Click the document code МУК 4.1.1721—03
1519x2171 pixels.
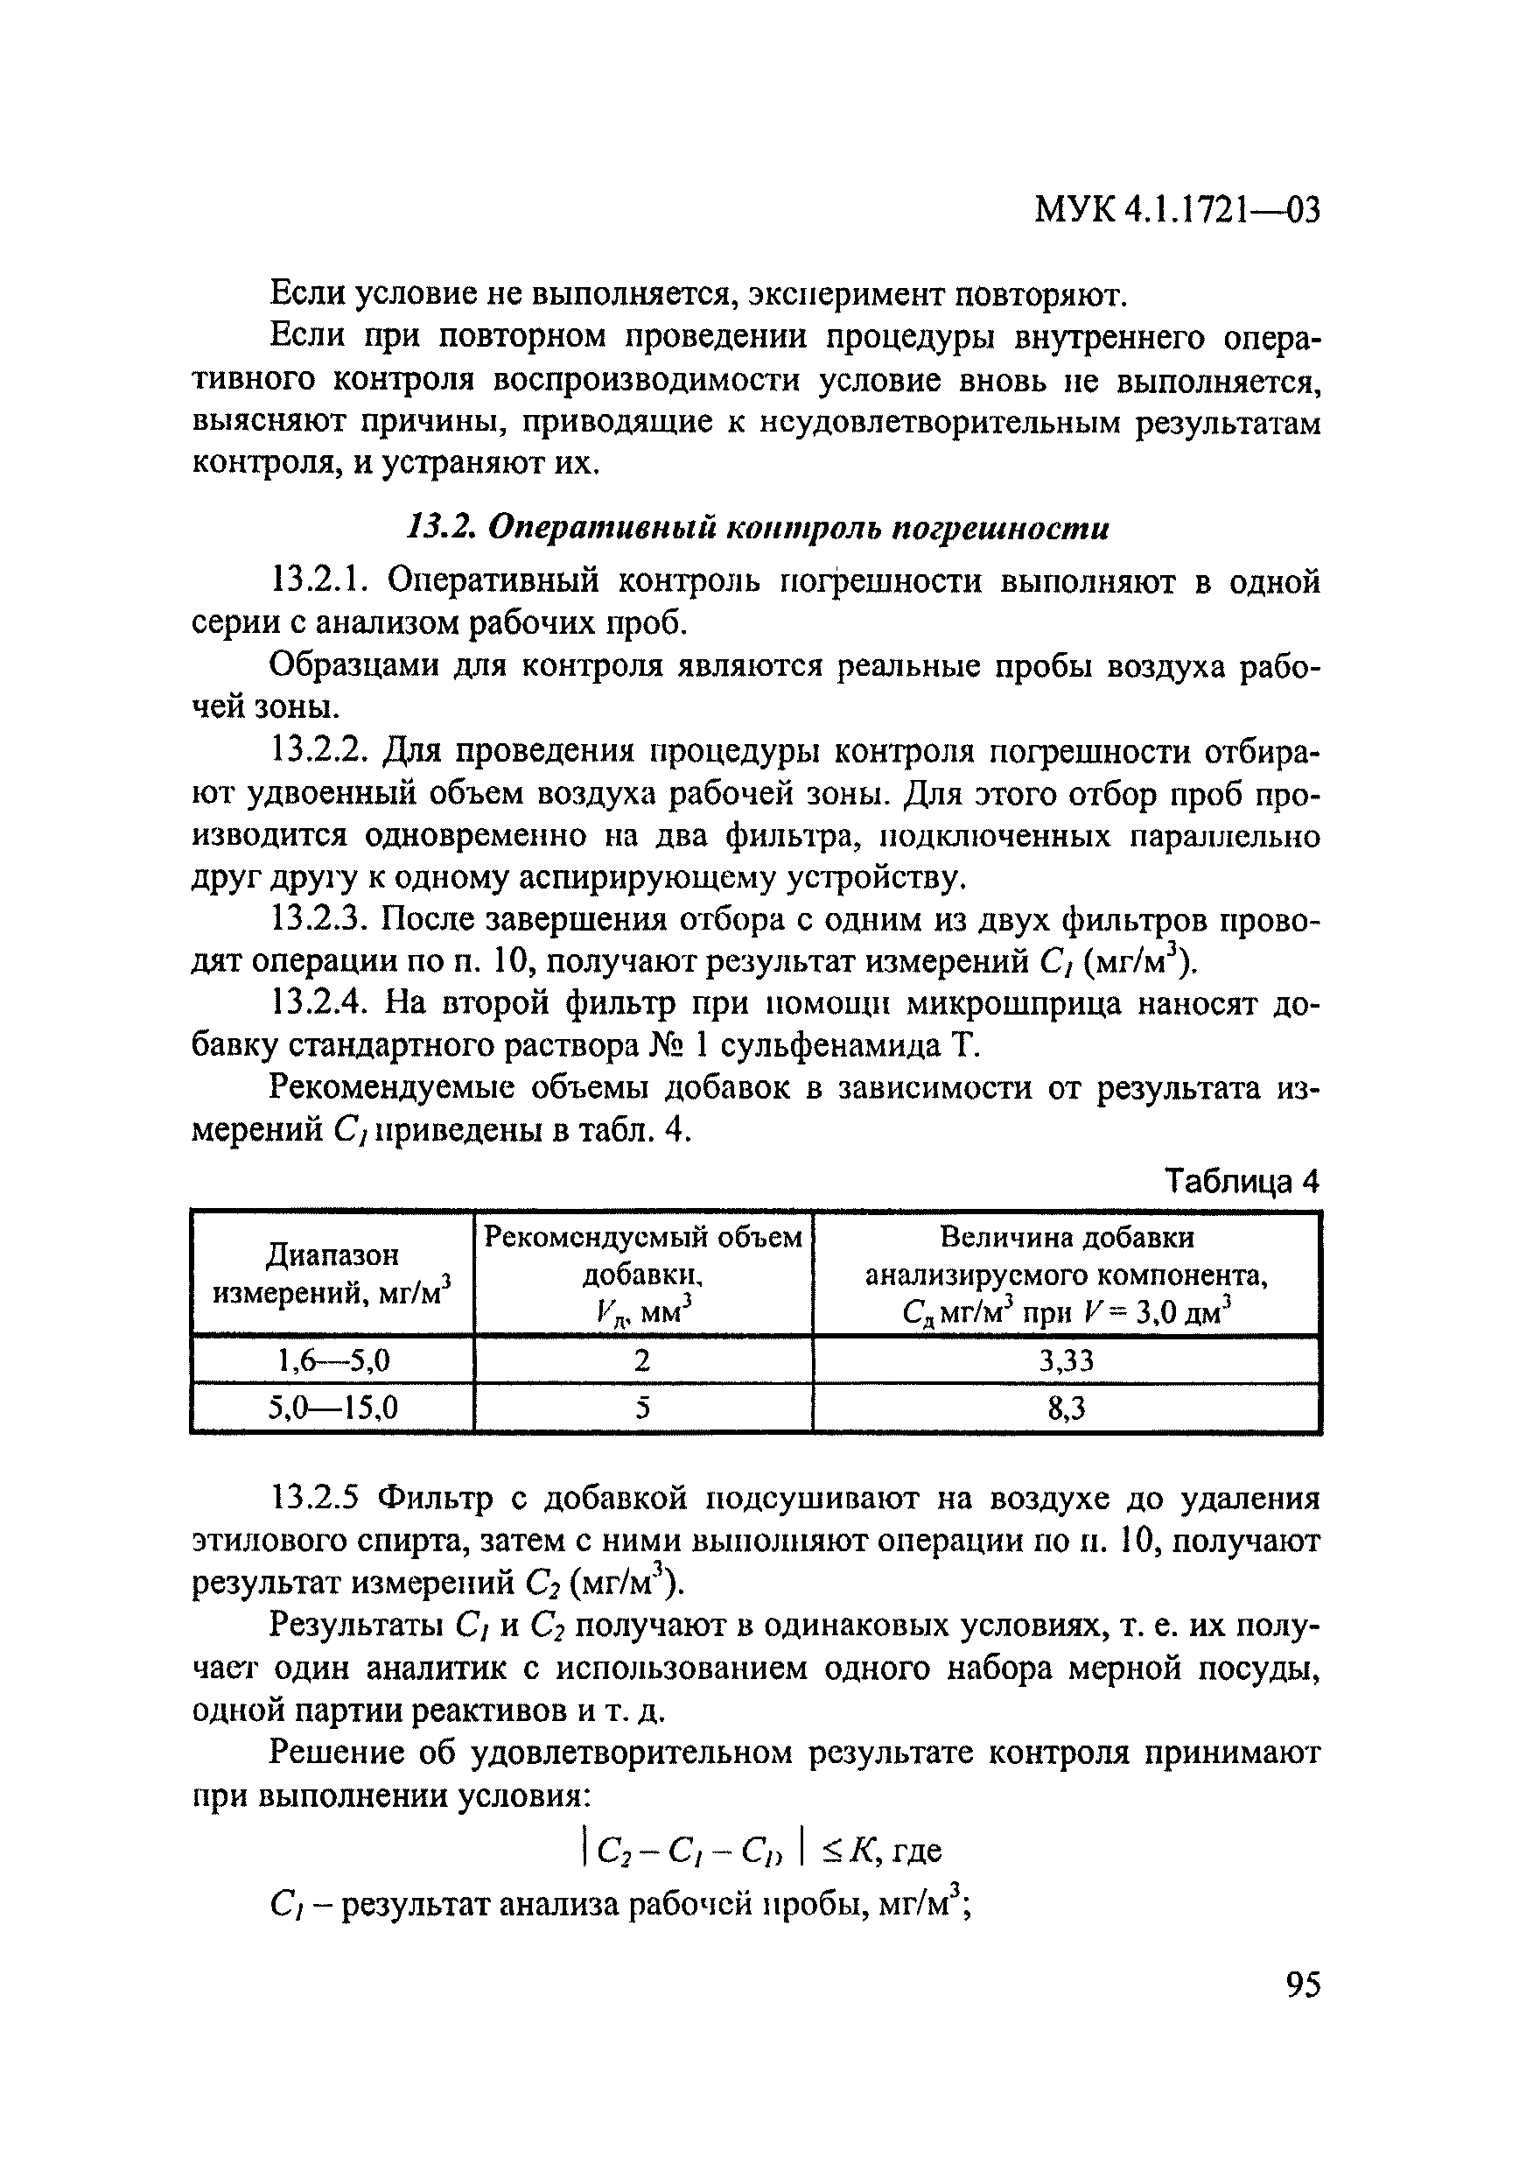pyautogui.click(x=1176, y=209)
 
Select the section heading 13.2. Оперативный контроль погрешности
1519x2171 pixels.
pyautogui.click(x=757, y=529)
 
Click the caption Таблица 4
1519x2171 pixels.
pyautogui.click(x=1241, y=1181)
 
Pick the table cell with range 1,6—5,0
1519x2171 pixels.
pyautogui.click(x=332, y=1360)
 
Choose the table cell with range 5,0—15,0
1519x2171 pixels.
pyautogui.click(x=332, y=1409)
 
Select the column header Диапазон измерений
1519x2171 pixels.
pyautogui.click(x=332, y=1274)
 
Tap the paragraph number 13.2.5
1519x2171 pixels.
pyautogui.click(x=316, y=1498)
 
